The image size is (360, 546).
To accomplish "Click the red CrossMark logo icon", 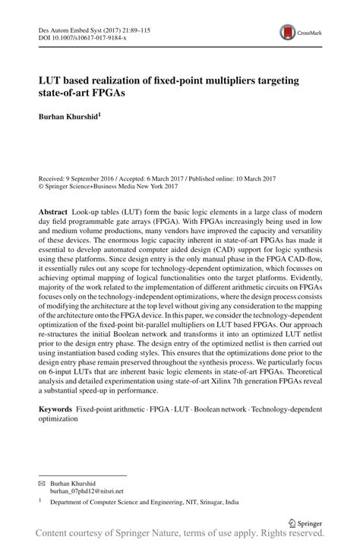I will coord(288,31).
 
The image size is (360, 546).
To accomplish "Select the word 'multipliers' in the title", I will coord(233,80).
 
